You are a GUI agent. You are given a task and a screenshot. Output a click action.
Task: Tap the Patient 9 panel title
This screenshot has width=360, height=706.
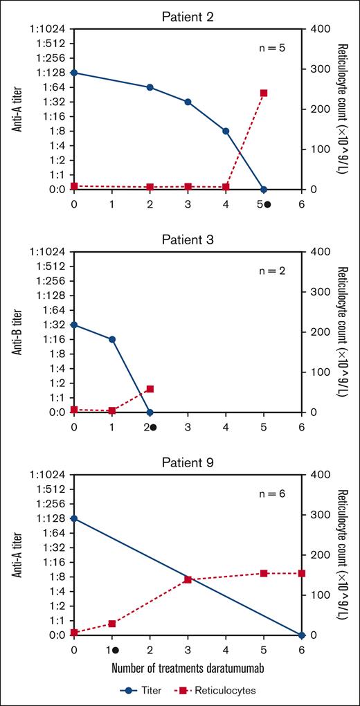click(x=187, y=462)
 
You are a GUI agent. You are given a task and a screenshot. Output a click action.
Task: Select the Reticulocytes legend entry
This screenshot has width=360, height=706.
click(x=216, y=690)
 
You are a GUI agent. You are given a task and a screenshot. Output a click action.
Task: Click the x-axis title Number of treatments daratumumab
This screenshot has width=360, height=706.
click(x=188, y=669)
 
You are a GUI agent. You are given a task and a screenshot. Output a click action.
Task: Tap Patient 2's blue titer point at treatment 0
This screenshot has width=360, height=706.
click(x=74, y=73)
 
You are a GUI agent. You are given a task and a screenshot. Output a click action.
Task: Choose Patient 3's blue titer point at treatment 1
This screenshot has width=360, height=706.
click(x=112, y=339)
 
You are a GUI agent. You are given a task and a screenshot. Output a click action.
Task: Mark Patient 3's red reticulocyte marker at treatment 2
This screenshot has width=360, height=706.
click(x=150, y=389)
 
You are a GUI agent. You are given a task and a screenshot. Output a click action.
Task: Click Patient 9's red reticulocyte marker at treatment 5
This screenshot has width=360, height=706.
click(x=263, y=573)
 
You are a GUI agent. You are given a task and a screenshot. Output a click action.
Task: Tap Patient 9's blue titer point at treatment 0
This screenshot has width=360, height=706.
click(x=74, y=518)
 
